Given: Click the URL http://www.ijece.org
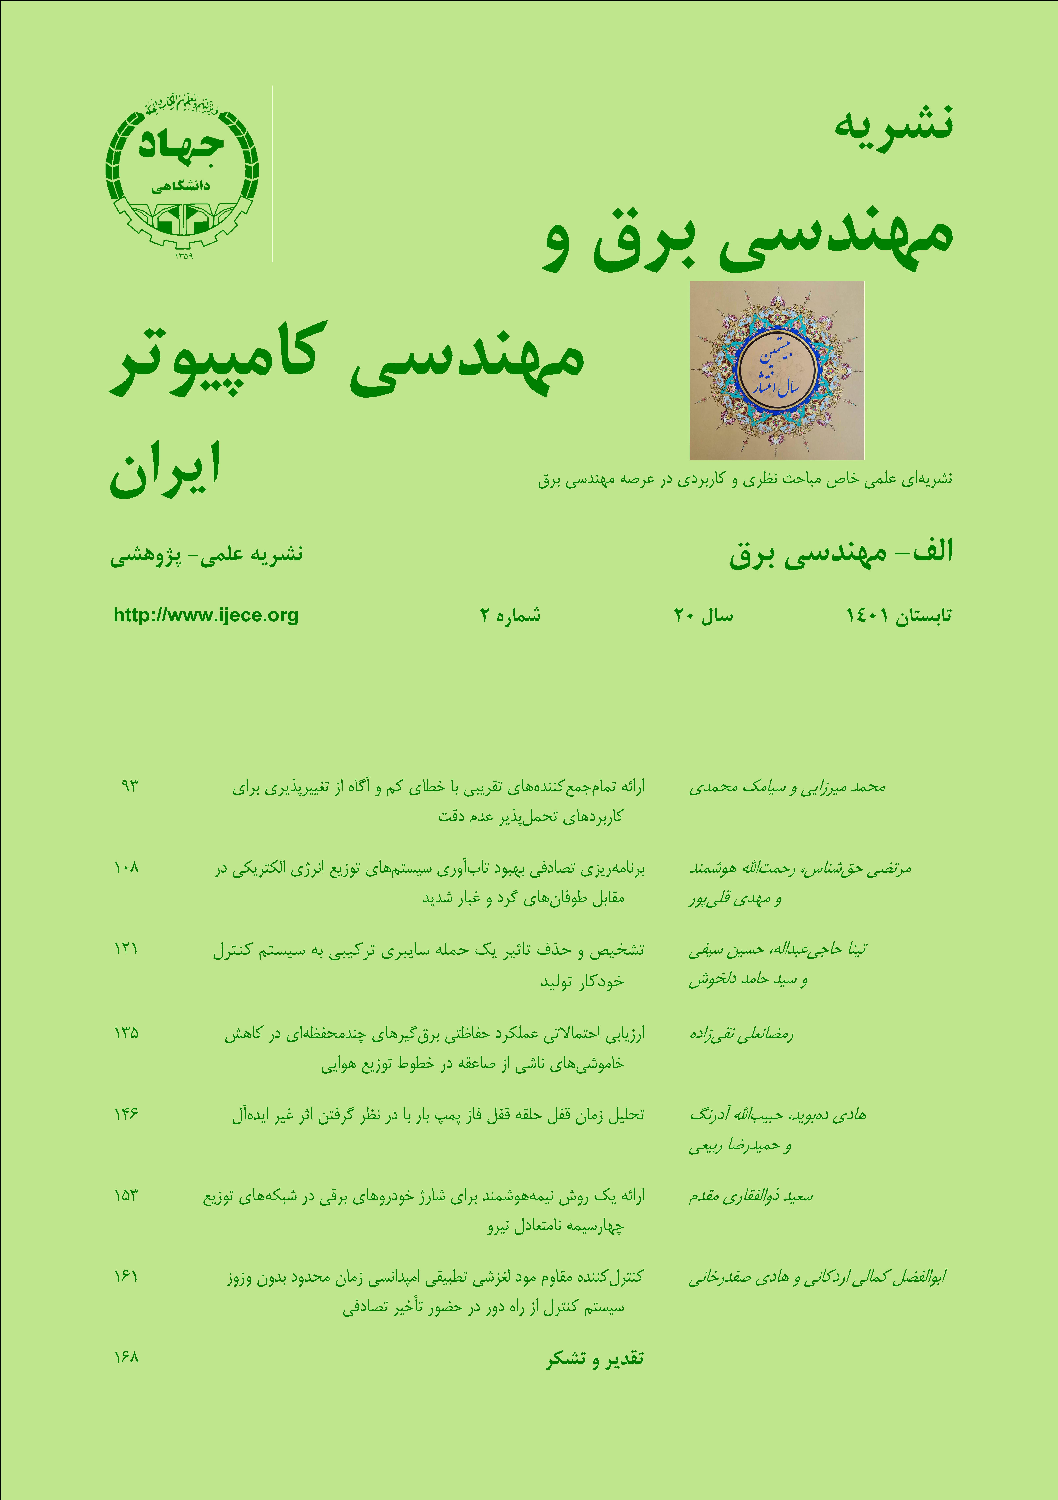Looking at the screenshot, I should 206,615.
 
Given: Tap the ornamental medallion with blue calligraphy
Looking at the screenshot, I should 777,370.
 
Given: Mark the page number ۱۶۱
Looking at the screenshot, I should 126,1276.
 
